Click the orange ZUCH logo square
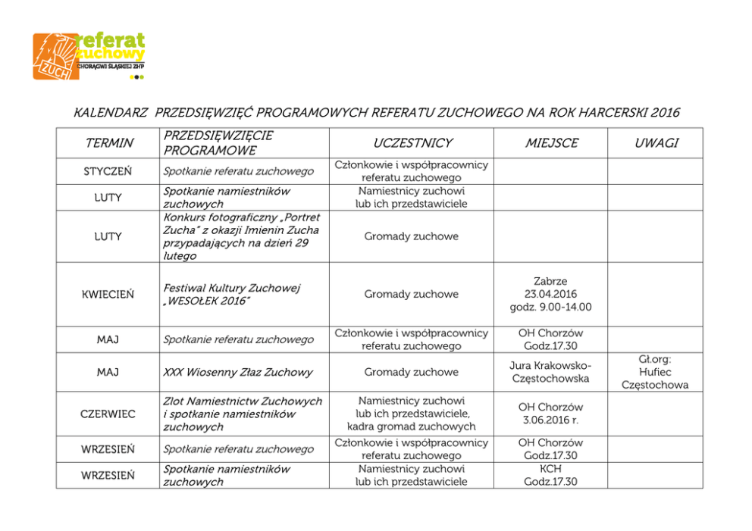pyautogui.click(x=55, y=57)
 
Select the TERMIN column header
pyautogui.click(x=109, y=143)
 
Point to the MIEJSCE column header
pyautogui.click(x=551, y=143)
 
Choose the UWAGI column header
pyautogui.click(x=656, y=143)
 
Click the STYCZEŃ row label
pyautogui.click(x=107, y=171)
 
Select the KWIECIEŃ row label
pyautogui.click(x=108, y=294)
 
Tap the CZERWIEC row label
pyautogui.click(x=108, y=414)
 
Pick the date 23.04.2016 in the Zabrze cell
pyautogui.click(x=550, y=294)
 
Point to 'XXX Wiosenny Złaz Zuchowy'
pyautogui.click(x=237, y=372)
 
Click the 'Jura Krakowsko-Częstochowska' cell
pyautogui.click(x=550, y=372)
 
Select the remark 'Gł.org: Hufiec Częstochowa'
pyautogui.click(x=655, y=372)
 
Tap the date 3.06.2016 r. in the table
pyautogui.click(x=550, y=420)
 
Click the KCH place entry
pyautogui.click(x=550, y=469)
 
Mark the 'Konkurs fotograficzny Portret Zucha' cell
pyautogui.click(x=241, y=236)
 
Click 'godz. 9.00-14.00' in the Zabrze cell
pyautogui.click(x=550, y=307)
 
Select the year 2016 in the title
pyautogui.click(x=665, y=114)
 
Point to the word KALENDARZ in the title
pyautogui.click(x=111, y=114)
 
